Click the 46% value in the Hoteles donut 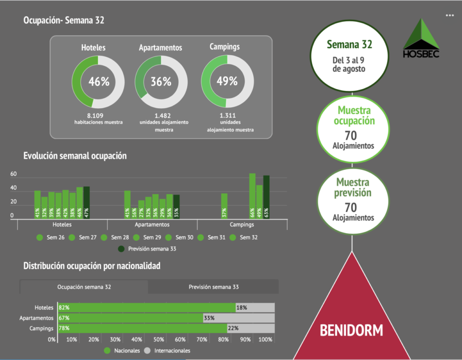pyautogui.click(x=99, y=82)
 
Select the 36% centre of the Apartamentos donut pyautogui.click(x=161, y=82)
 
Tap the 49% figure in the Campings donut pyautogui.click(x=227, y=81)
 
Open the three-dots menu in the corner pyautogui.click(x=449, y=15)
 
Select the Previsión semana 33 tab pyautogui.click(x=213, y=287)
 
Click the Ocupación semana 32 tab pyautogui.click(x=84, y=287)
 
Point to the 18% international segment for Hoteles pyautogui.click(x=255, y=308)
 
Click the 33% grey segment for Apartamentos pyautogui.click(x=239, y=318)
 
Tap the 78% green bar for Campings pyautogui.click(x=142, y=328)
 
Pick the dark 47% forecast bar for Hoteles pyautogui.click(x=87, y=203)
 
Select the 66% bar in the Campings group pyautogui.click(x=252, y=197)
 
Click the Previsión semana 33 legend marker pyautogui.click(x=121, y=249)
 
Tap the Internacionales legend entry pyautogui.click(x=167, y=351)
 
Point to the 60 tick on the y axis pyautogui.click(x=14, y=174)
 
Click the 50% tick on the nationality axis pyautogui.click(x=159, y=340)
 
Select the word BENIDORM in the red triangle pyautogui.click(x=351, y=330)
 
